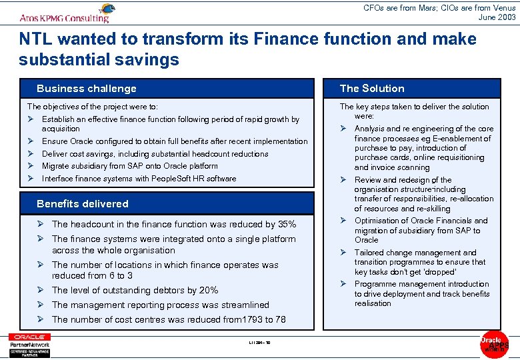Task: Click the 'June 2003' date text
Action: point(497,17)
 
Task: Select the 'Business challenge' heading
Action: point(86,89)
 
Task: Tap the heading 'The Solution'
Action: point(372,89)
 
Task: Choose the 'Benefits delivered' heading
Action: point(83,204)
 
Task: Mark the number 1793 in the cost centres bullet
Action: point(237,320)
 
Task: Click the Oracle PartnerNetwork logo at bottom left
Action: point(29,344)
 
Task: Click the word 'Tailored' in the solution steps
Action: point(369,253)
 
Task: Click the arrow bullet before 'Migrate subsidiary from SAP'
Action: point(31,166)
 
